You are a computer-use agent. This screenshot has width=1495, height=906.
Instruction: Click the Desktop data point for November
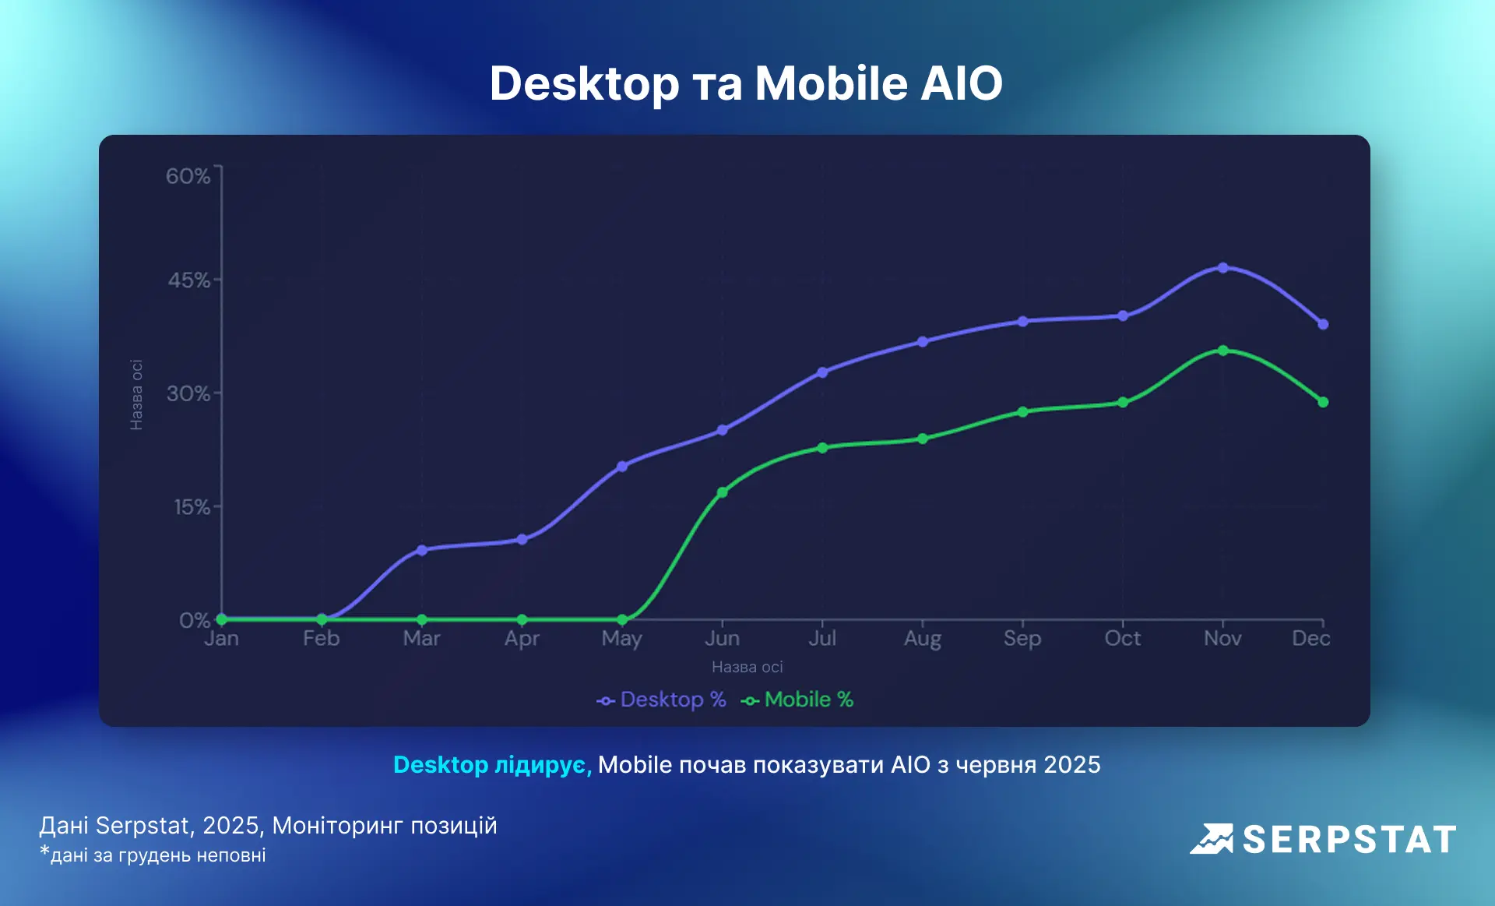click(1222, 267)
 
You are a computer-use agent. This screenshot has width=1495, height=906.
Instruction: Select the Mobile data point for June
click(722, 492)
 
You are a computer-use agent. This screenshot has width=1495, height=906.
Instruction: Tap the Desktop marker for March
click(422, 550)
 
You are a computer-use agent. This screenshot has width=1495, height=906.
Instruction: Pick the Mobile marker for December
click(1323, 402)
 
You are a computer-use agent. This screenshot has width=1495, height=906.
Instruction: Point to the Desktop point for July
click(822, 372)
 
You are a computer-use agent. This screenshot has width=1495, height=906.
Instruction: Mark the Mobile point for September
click(1022, 411)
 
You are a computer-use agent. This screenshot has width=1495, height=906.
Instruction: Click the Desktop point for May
click(622, 467)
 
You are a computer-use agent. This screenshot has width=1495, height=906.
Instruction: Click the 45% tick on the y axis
click(188, 280)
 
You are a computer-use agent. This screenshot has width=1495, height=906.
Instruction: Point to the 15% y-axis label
click(192, 507)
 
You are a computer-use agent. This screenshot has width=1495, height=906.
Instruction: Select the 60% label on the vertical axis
click(188, 176)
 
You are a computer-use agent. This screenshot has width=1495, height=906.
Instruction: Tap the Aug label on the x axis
click(922, 639)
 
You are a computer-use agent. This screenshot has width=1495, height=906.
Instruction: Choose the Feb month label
click(321, 639)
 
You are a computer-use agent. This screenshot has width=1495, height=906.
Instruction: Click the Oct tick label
click(1122, 639)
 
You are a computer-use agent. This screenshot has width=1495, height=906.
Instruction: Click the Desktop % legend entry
click(662, 700)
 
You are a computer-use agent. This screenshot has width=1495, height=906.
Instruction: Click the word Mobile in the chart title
click(831, 83)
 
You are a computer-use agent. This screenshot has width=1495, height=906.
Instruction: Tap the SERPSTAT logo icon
click(1212, 839)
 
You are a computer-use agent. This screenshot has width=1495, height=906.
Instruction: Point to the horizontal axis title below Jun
click(747, 667)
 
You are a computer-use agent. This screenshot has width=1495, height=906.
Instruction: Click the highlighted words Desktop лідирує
click(492, 765)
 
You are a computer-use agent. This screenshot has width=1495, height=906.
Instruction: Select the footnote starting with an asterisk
click(153, 855)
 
